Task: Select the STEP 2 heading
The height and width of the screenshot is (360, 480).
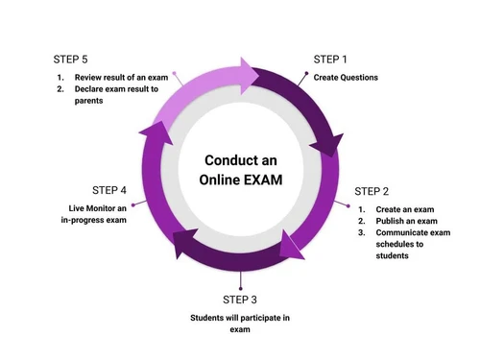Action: pyautogui.click(x=373, y=191)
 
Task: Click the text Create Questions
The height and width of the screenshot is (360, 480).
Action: pyautogui.click(x=346, y=77)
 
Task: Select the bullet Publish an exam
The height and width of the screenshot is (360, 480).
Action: pyautogui.click(x=407, y=221)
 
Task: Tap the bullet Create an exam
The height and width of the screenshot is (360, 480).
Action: pyautogui.click(x=404, y=209)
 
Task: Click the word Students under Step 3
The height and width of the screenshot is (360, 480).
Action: pyautogui.click(x=208, y=317)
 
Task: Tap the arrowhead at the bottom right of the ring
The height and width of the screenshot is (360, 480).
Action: pyautogui.click(x=291, y=246)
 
